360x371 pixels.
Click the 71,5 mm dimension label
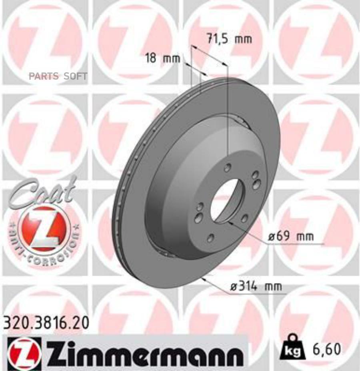229,39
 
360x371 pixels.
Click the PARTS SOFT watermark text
58,76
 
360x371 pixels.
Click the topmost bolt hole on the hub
227,168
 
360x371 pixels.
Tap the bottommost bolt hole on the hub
211,239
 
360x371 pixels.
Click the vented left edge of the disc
120,192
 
